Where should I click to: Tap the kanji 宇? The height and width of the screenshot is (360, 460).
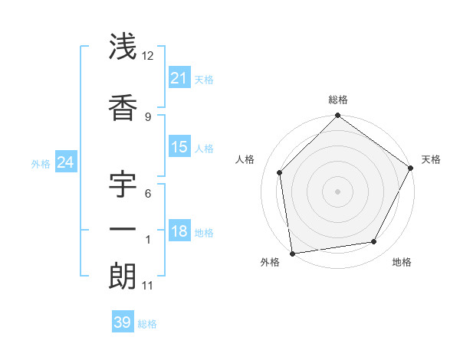click(123, 185)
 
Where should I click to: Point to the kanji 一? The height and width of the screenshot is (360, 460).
click(123, 229)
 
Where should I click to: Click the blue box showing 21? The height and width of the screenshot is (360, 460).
click(179, 78)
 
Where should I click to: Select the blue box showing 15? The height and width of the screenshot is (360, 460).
click(179, 147)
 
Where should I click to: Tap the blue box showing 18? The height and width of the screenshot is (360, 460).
click(179, 231)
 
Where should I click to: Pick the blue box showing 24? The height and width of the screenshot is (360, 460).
click(65, 162)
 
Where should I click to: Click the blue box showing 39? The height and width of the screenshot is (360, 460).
click(123, 322)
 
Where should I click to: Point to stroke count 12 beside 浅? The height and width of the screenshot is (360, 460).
click(148, 55)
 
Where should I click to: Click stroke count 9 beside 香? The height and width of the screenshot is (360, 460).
click(148, 116)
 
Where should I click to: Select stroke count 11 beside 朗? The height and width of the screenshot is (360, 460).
click(148, 286)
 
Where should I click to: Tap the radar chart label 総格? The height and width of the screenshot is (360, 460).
click(338, 100)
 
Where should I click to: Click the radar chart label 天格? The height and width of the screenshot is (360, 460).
click(431, 159)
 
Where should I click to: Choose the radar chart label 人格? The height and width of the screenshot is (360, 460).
click(245, 159)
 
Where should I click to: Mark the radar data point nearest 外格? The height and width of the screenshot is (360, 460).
click(292, 253)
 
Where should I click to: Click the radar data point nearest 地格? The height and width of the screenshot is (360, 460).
click(374, 241)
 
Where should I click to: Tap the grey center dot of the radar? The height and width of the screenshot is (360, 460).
click(338, 191)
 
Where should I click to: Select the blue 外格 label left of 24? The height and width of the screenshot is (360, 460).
click(41, 163)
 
